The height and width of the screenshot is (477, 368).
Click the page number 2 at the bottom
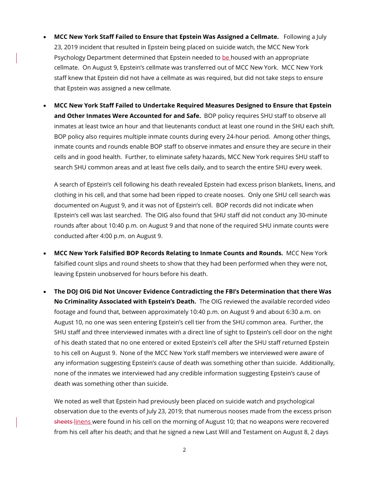(184, 450)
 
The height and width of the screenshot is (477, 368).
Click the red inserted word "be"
(225, 58)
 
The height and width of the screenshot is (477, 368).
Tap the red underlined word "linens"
(82, 422)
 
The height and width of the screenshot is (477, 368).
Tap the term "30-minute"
(313, 215)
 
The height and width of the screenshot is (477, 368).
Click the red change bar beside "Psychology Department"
(17, 58)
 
